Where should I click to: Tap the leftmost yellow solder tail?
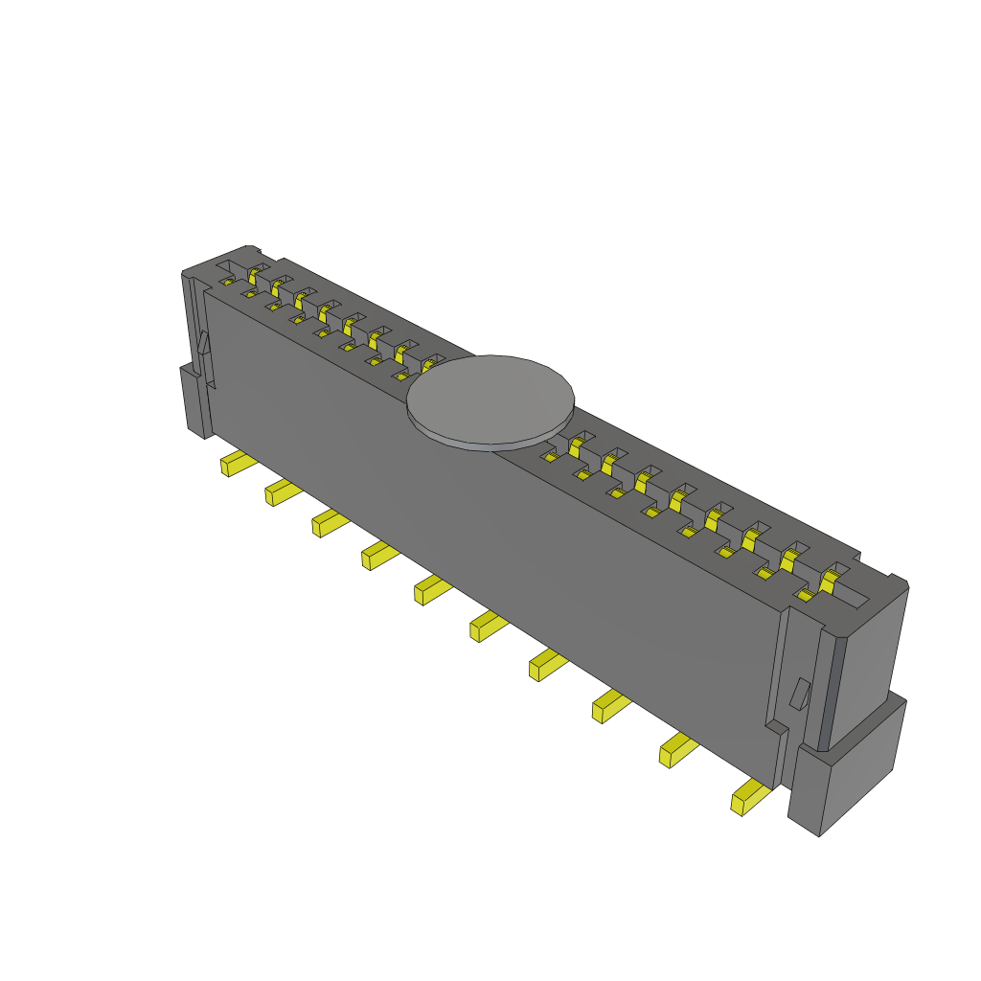click(x=237, y=465)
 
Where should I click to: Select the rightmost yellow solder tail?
click(x=748, y=797)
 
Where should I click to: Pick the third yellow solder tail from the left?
click(x=329, y=523)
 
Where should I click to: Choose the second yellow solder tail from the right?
click(x=677, y=750)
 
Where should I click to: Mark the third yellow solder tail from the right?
click(x=609, y=707)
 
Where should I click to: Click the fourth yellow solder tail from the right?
click(x=546, y=664)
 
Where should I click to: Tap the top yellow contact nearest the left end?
click(x=254, y=275)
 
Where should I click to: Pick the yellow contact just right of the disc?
click(x=577, y=443)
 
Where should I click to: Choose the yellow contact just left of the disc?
click(x=430, y=364)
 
